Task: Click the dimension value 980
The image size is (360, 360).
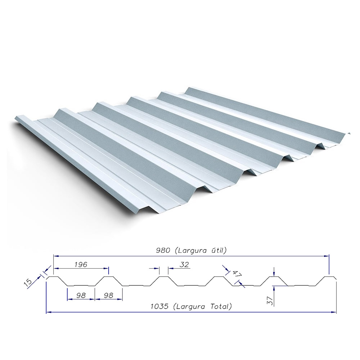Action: click(163, 251)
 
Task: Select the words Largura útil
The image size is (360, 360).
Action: click(201, 251)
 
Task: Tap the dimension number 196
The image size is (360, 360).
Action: click(81, 265)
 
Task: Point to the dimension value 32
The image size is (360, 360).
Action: click(184, 265)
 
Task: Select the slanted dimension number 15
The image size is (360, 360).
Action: click(28, 282)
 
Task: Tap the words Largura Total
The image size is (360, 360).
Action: click(203, 306)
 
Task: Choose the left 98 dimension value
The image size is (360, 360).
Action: click(81, 295)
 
